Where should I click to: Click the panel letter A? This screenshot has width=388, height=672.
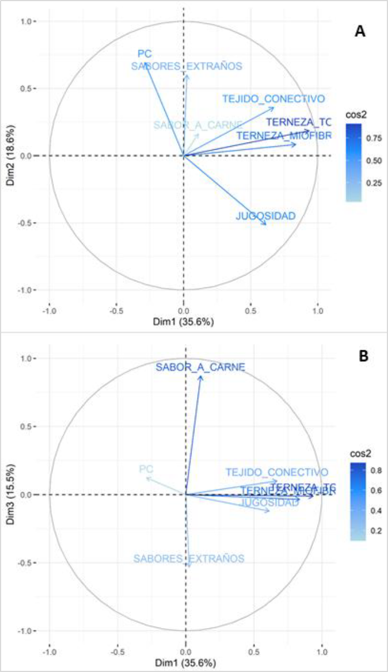pyautogui.click(x=360, y=32)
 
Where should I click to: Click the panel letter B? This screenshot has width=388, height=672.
pyautogui.click(x=364, y=357)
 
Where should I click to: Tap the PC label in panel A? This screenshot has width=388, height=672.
pyautogui.click(x=145, y=54)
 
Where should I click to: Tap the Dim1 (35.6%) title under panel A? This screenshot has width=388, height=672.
pyautogui.click(x=184, y=322)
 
